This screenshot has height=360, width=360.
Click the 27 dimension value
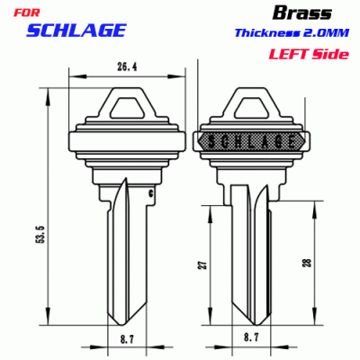coord(203,265)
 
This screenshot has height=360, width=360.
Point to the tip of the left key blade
coord(118,325)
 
